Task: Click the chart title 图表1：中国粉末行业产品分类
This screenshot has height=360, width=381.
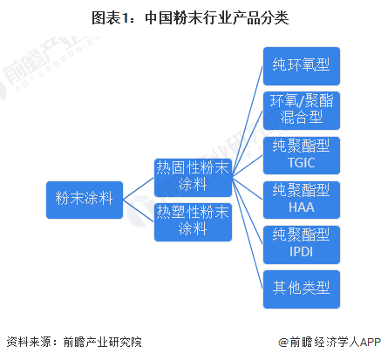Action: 190,18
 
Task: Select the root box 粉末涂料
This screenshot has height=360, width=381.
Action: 85,200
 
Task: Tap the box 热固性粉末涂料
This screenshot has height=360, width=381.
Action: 193,178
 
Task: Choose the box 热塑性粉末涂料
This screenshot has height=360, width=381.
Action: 193,222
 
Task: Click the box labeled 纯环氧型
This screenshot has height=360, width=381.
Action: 302,66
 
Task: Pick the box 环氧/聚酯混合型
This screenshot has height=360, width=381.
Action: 302,111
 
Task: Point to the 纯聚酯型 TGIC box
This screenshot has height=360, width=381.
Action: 302,155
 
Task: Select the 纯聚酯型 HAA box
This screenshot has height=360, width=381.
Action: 302,200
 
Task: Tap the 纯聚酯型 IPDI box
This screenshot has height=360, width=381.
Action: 302,245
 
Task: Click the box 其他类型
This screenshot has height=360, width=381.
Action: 302,289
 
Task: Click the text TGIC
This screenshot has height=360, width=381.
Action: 302,163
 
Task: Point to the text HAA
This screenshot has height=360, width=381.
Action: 302,207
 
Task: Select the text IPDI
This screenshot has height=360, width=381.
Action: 302,252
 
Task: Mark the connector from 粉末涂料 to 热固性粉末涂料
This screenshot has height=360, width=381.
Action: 139,189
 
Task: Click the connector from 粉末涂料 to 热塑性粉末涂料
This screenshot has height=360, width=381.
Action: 139,211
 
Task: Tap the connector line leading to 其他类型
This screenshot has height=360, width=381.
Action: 248,234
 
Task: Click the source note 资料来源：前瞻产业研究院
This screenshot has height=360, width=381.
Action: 74,342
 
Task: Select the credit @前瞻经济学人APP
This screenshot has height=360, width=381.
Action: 330,342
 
